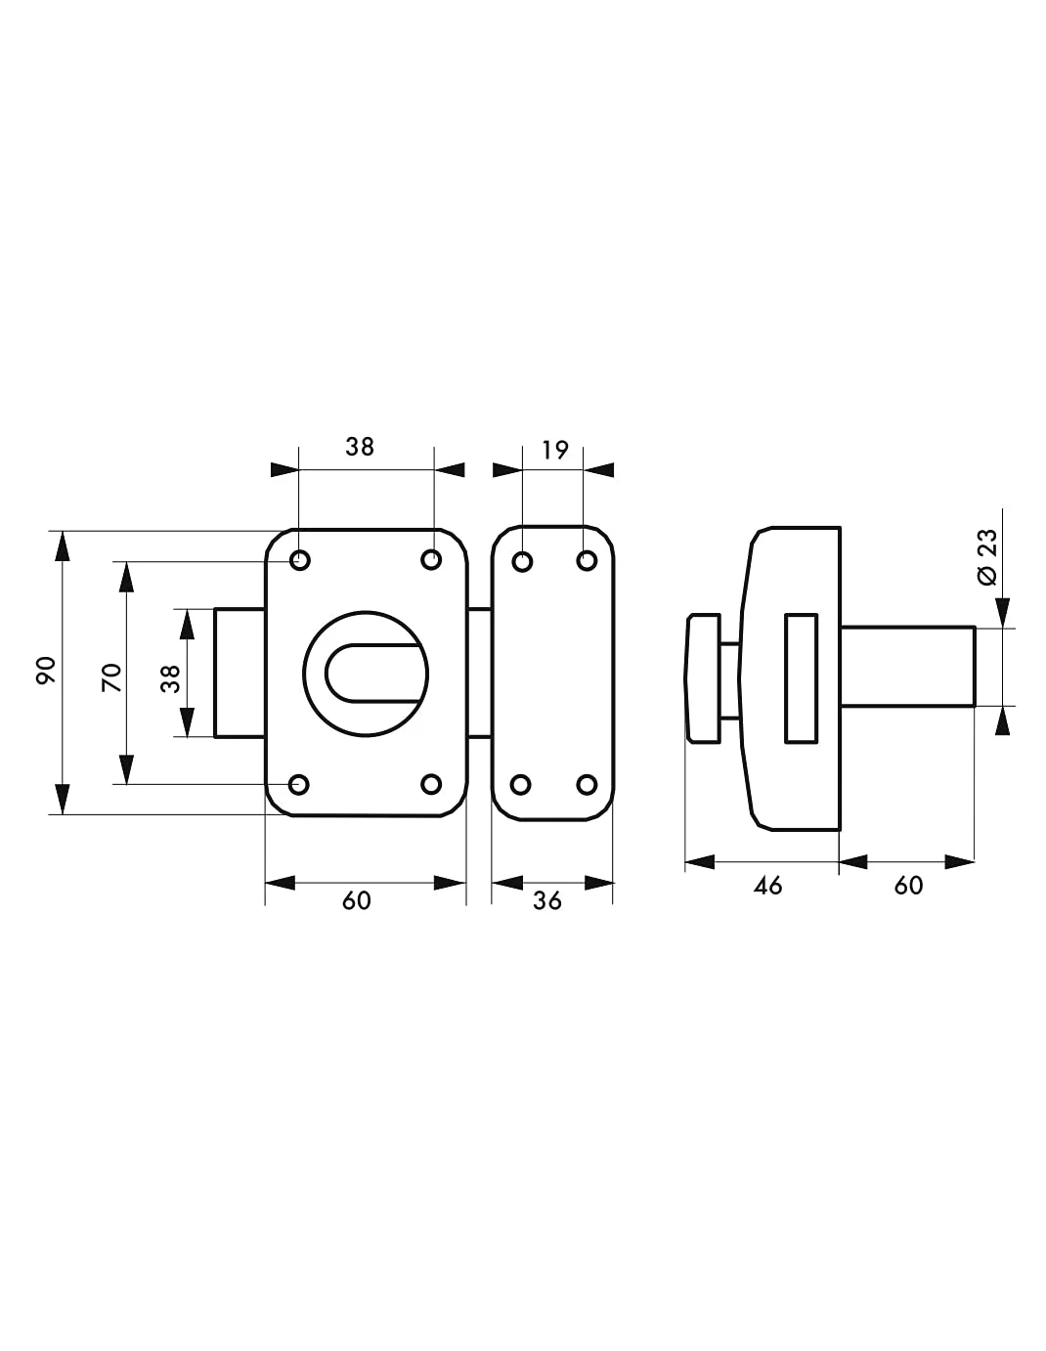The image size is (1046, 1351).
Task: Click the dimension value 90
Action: [47, 671]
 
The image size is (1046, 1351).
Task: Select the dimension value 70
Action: [111, 677]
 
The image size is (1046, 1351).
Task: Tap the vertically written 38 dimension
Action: [170, 678]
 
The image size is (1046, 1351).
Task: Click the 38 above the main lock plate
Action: [360, 447]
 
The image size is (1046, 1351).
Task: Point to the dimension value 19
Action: [554, 450]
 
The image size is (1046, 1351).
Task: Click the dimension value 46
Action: [767, 886]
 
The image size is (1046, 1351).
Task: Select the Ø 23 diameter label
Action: [987, 557]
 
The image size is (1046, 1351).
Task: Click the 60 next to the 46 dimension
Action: [908, 886]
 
